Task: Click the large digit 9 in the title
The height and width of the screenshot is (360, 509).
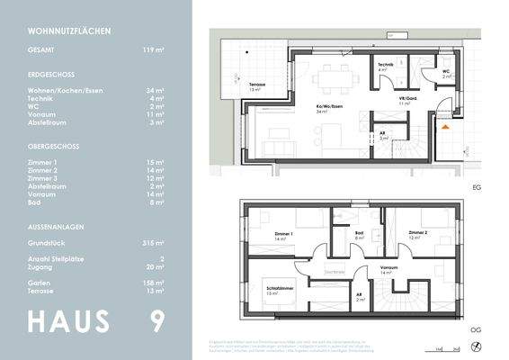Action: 157,321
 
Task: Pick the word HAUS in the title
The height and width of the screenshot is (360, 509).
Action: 68,321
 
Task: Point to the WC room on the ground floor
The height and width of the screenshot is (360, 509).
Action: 446,74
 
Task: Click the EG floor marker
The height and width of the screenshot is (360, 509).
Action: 475,188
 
